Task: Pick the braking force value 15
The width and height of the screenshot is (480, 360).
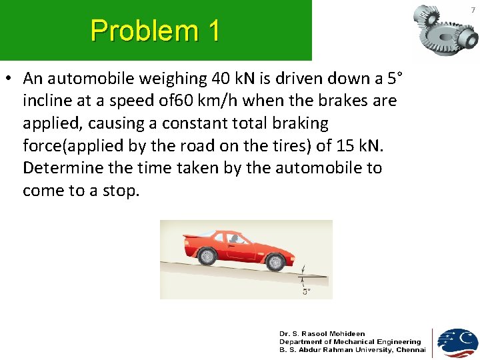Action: tap(353, 146)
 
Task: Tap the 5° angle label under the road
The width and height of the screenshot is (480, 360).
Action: tap(306, 291)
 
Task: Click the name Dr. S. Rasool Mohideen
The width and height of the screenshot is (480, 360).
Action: tap(322, 334)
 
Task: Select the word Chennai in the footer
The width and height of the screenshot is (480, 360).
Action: tap(411, 350)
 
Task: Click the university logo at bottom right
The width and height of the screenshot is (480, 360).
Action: tap(457, 342)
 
